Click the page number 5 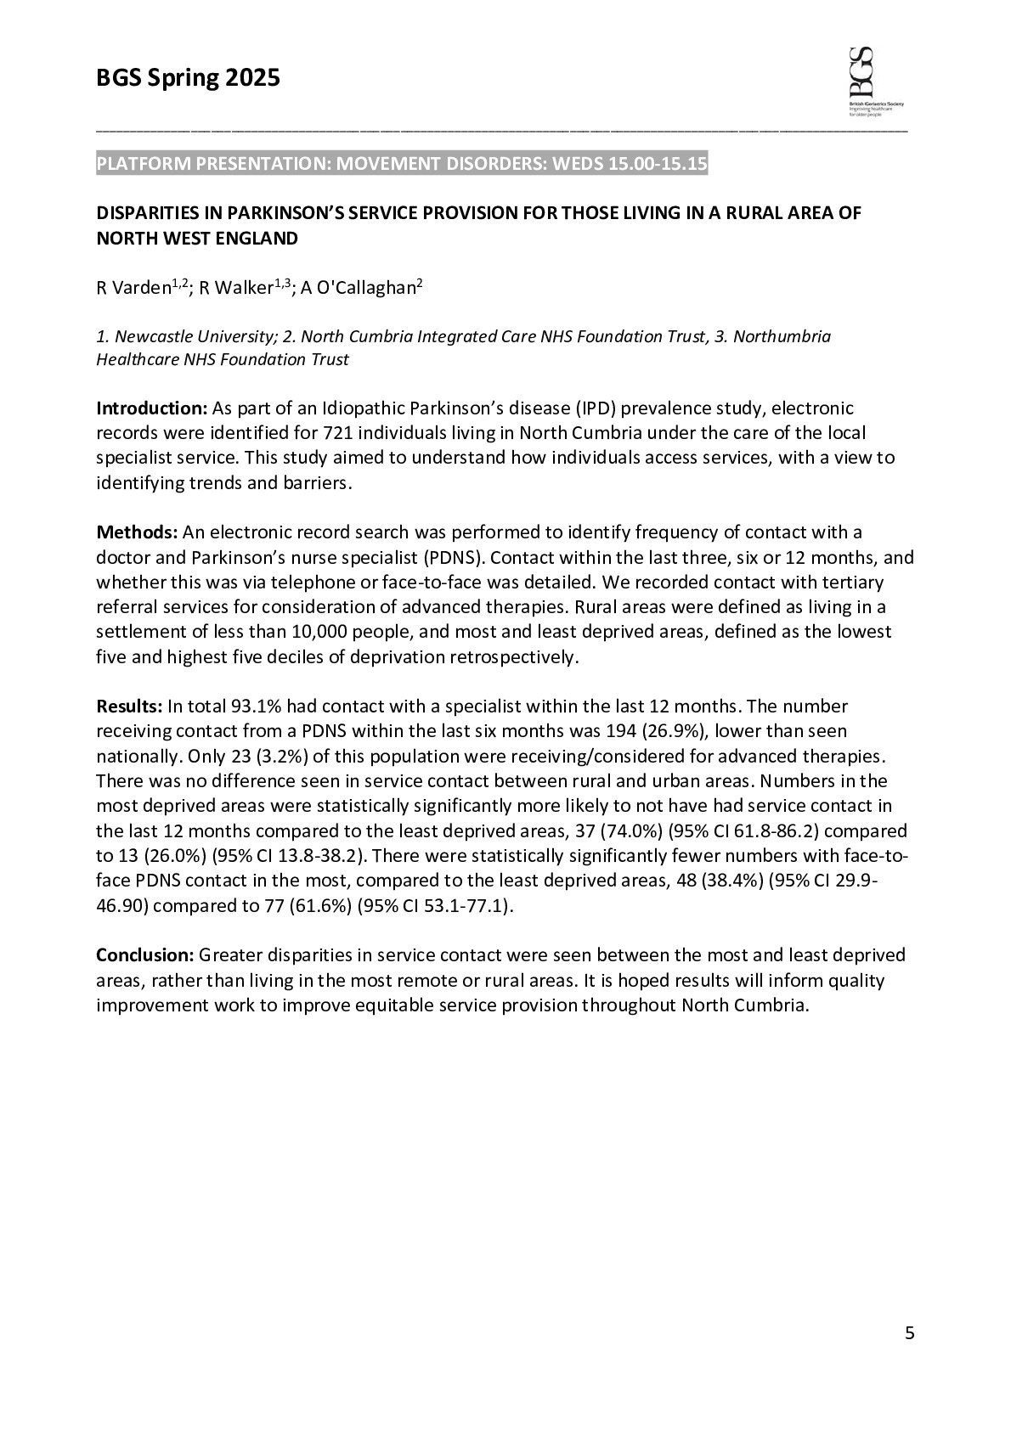point(909,1333)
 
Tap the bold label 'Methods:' point(137,532)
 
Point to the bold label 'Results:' point(129,707)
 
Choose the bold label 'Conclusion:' point(145,955)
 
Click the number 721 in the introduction point(327,433)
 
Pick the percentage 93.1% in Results point(252,707)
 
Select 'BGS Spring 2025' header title point(188,79)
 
